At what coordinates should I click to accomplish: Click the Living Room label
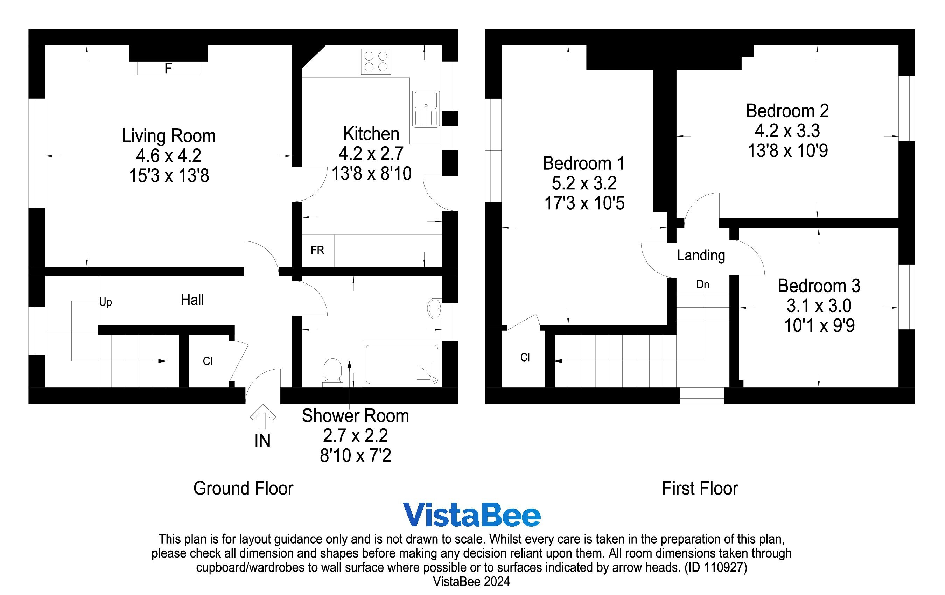click(x=169, y=136)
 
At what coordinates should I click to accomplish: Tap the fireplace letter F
click(x=168, y=69)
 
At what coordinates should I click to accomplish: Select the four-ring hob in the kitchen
click(x=376, y=62)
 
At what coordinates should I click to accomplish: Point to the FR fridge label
click(x=317, y=250)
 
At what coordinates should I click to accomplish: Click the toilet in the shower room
click(x=332, y=370)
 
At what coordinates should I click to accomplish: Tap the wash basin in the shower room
click(x=435, y=308)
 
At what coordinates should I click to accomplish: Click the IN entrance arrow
click(x=263, y=416)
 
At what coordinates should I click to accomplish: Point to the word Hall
click(x=192, y=300)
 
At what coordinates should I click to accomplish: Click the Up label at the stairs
click(x=105, y=302)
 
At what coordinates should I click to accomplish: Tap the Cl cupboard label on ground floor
click(x=208, y=361)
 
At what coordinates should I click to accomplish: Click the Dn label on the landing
click(x=702, y=285)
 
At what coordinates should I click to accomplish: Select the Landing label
click(x=701, y=255)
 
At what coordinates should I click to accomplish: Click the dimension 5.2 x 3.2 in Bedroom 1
click(x=584, y=183)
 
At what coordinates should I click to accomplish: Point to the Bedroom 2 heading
click(x=787, y=111)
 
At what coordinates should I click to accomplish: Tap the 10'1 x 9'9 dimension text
click(x=819, y=326)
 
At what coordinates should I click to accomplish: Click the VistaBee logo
click(x=471, y=515)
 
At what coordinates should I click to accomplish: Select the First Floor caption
click(x=700, y=489)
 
